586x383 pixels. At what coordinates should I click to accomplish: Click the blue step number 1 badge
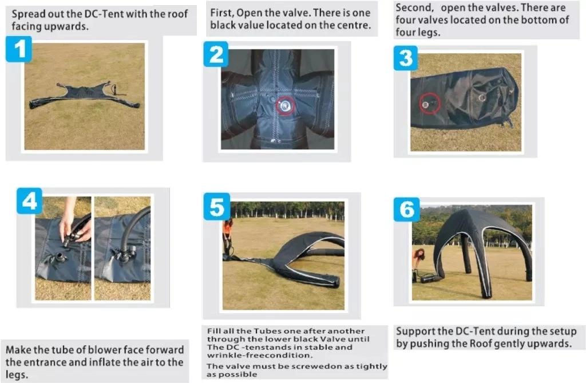19,49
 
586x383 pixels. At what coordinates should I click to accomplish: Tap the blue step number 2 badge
216,54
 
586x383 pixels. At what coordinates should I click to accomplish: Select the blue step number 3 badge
406,58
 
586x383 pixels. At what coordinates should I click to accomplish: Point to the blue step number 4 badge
30,200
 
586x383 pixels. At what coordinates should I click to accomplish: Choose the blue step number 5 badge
217,207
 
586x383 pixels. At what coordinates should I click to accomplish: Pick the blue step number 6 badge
407,210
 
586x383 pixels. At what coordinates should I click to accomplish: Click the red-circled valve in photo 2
286,106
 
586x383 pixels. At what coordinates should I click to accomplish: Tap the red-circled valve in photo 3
429,103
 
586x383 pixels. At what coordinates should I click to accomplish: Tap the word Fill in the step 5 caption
213,331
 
